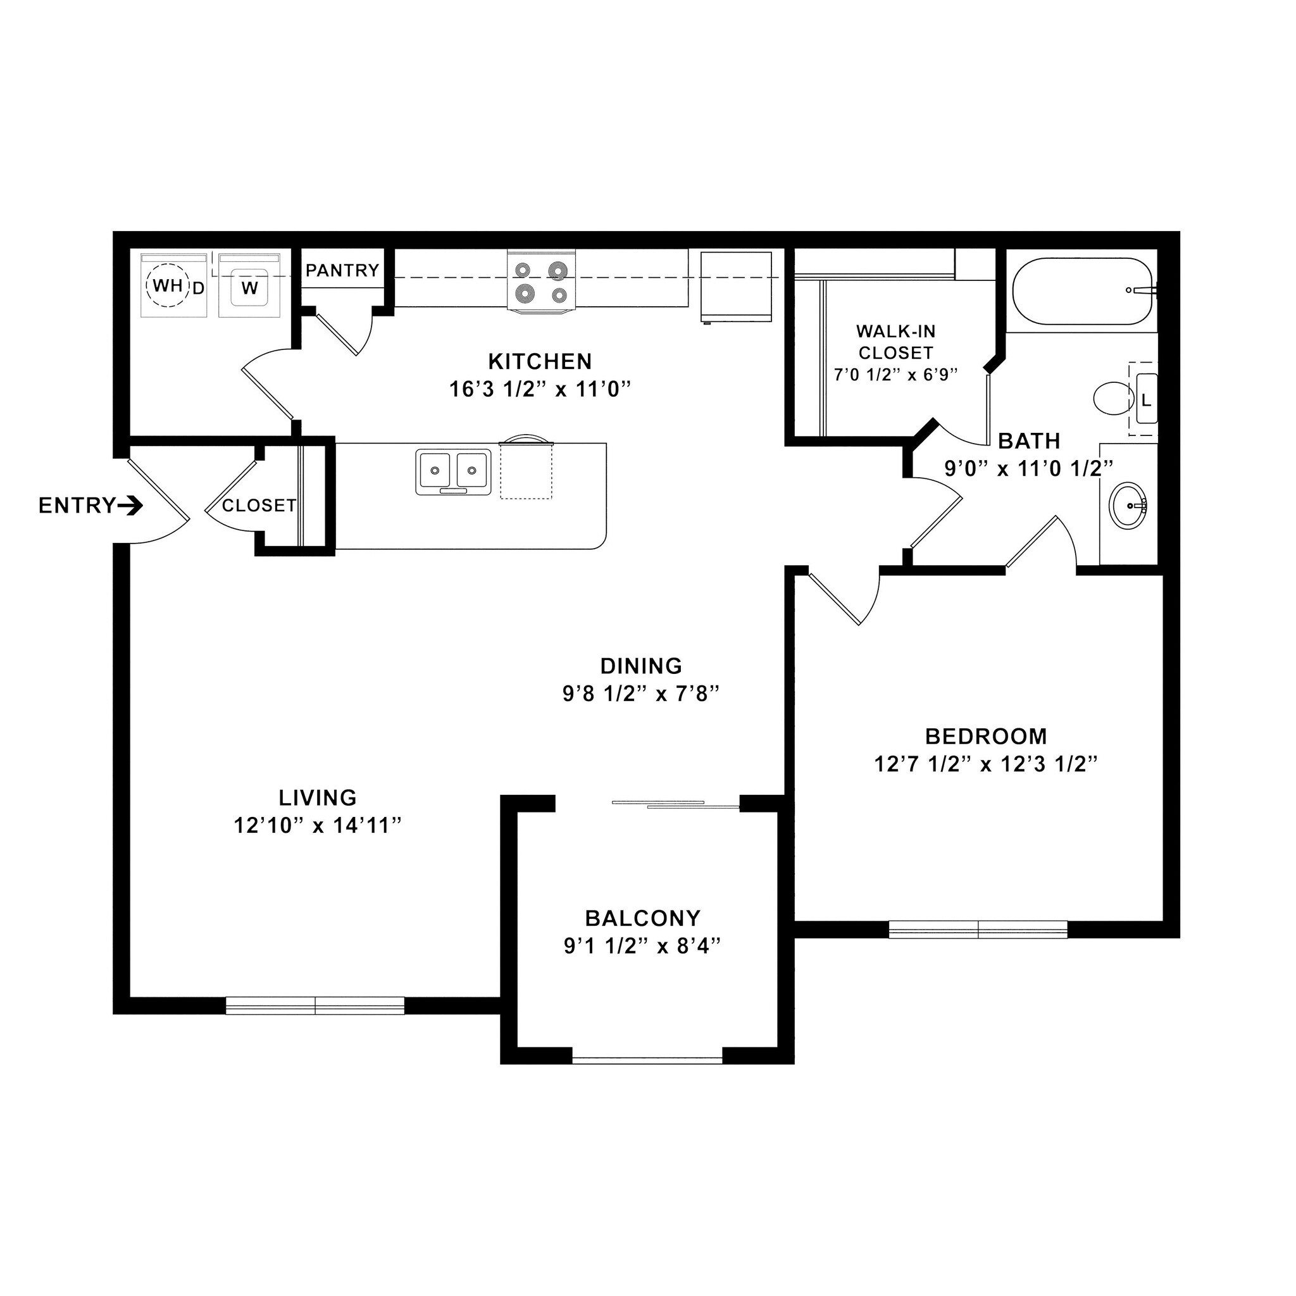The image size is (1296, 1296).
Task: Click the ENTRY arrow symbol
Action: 130,506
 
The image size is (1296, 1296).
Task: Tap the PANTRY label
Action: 342,270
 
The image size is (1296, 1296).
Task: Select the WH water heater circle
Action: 167,287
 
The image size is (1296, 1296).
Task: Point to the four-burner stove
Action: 541,282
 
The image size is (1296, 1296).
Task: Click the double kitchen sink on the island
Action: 454,471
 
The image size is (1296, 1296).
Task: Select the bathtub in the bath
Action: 1081,292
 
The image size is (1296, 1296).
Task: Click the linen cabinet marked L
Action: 1146,400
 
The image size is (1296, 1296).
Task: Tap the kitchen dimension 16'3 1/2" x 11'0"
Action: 540,389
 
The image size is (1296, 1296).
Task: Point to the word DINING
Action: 640,666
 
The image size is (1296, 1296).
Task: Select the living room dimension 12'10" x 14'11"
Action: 317,826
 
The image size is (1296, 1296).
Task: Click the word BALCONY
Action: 643,918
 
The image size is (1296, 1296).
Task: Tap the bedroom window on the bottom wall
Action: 977,930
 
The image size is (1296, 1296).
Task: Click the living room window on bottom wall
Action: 315,1006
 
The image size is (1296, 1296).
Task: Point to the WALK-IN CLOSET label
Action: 895,342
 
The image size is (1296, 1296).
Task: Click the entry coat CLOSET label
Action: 259,506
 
